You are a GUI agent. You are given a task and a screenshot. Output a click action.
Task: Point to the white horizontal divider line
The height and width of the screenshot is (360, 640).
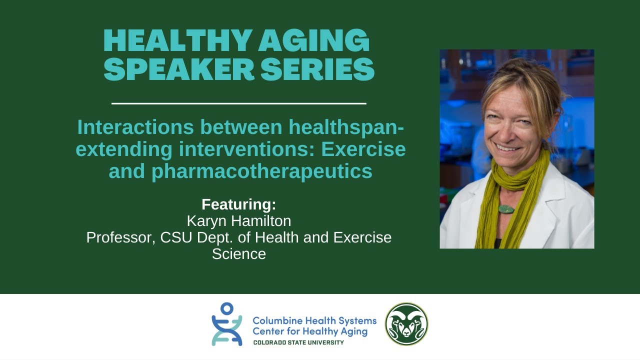click(239, 103)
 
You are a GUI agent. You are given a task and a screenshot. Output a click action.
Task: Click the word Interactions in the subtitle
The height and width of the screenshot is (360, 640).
click(135, 127)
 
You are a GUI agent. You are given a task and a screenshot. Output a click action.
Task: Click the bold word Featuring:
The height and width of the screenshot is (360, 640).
click(239, 204)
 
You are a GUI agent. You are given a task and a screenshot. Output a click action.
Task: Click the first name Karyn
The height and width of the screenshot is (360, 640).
click(204, 220)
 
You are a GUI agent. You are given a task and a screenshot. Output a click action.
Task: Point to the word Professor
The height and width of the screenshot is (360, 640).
click(119, 237)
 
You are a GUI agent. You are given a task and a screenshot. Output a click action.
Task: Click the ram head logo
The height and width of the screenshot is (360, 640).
click(406, 324)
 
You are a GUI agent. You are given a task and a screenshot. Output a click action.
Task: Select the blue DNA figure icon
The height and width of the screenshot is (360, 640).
click(226, 324)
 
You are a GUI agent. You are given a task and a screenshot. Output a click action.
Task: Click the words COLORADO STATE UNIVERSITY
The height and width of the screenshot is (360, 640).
click(298, 342)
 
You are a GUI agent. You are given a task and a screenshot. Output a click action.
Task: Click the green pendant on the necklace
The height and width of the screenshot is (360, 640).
click(506, 209)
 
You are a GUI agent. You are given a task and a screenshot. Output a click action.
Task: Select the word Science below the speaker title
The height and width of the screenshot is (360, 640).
click(239, 253)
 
